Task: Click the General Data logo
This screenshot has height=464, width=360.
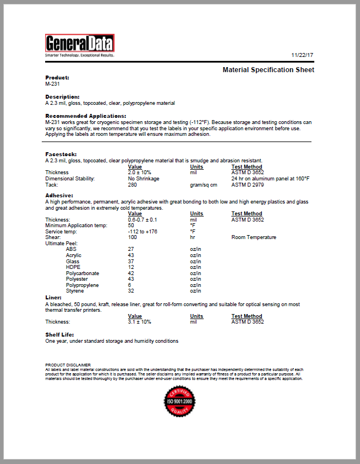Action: [x=80, y=45]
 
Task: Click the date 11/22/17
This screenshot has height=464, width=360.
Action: [x=302, y=55]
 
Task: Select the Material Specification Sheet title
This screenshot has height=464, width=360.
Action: [x=268, y=70]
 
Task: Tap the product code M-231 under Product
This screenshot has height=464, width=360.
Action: [x=52, y=83]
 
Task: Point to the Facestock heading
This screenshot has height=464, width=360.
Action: [x=61, y=154]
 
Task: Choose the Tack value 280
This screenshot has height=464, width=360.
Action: [x=133, y=185]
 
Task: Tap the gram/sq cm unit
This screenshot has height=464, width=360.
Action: [x=203, y=185]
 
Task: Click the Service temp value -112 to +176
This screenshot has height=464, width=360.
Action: [x=143, y=231]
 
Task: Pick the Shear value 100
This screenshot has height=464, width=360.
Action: [x=133, y=237]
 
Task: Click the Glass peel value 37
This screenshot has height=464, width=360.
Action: [x=131, y=261]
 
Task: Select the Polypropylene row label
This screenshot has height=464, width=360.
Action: [x=81, y=285]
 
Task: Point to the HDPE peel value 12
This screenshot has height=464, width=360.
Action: [x=131, y=267]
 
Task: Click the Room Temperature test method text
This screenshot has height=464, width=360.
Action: [x=254, y=237]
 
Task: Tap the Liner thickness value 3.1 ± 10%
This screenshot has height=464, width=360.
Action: [x=139, y=322]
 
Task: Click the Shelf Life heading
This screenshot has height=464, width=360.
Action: [x=59, y=335]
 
